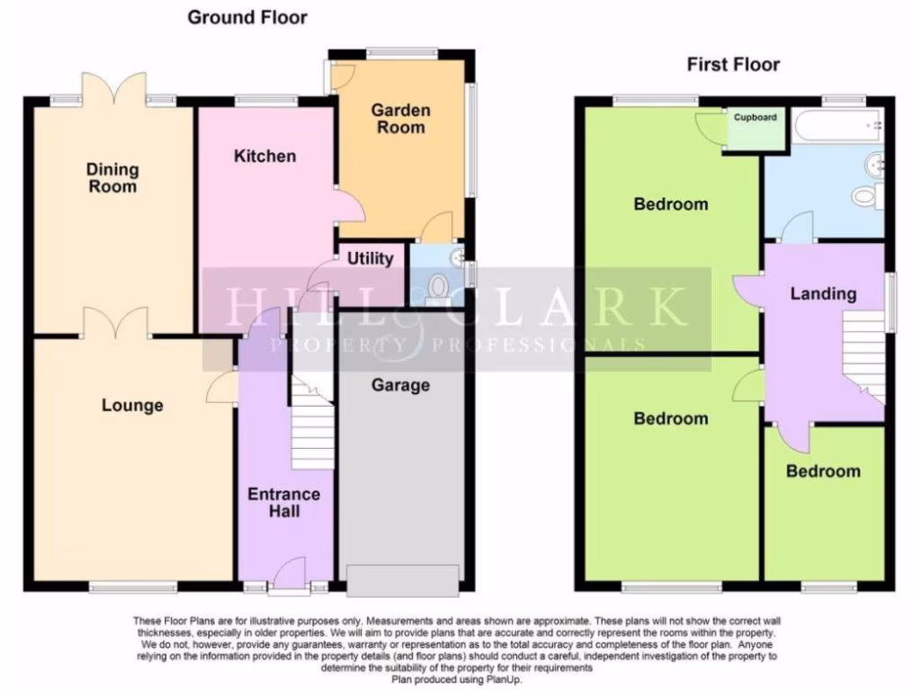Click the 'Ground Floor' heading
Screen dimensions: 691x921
246,18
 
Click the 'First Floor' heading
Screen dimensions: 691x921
733,65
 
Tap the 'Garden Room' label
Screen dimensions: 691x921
400,119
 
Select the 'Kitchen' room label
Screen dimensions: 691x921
264,157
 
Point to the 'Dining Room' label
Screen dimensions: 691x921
112,178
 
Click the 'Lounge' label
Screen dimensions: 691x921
132,406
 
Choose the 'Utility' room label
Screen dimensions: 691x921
371,259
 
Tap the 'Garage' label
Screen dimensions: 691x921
400,385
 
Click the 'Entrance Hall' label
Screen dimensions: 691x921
284,503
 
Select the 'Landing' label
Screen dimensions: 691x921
823,293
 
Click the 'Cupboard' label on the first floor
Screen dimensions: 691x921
755,118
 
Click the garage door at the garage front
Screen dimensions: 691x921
403,580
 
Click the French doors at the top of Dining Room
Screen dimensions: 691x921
113,90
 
